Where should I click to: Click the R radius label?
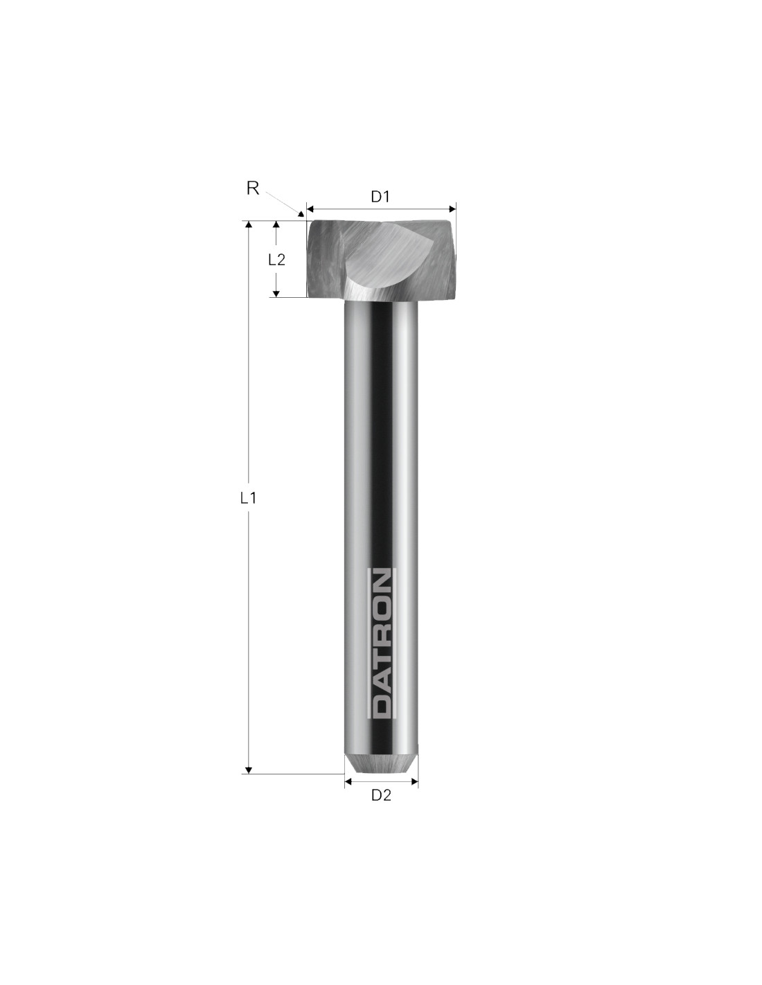click(252, 188)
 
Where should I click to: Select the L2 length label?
click(276, 260)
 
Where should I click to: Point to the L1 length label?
click(248, 498)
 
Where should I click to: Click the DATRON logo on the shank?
click(381, 644)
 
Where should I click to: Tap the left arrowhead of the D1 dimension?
click(310, 208)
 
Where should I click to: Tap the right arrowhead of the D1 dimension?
click(452, 208)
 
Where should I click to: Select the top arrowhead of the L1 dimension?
click(248, 225)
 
